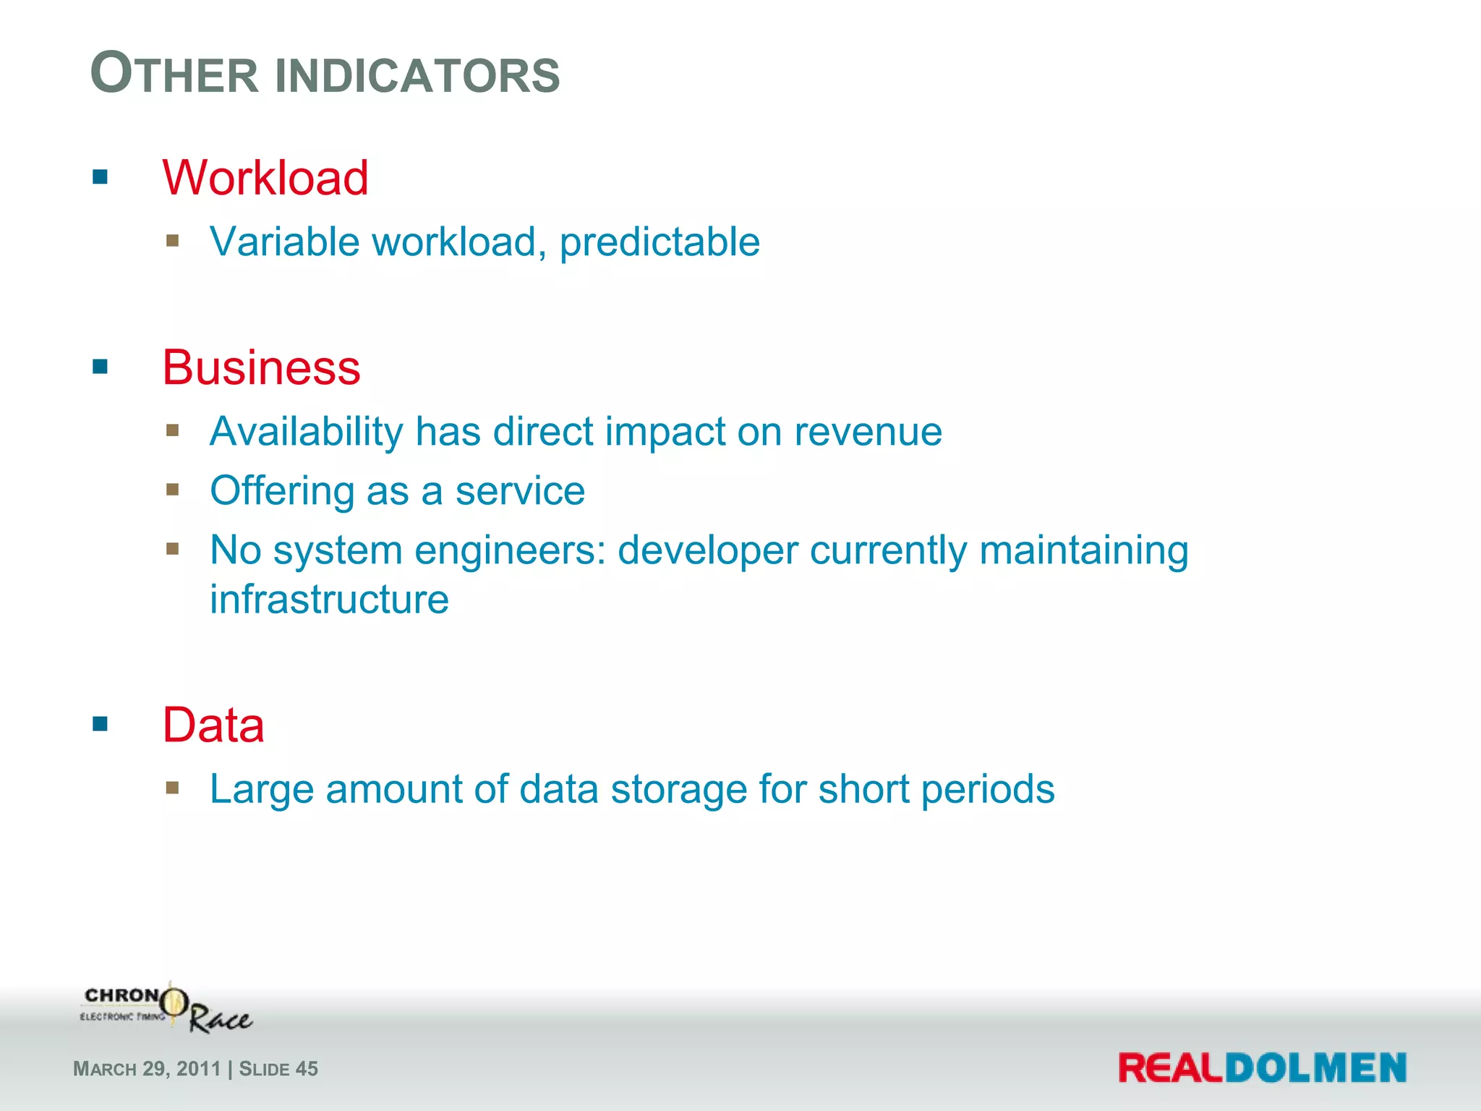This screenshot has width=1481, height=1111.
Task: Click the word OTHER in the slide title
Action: click(174, 75)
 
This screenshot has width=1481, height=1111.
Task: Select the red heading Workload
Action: click(265, 178)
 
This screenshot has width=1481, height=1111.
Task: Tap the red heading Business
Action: click(261, 367)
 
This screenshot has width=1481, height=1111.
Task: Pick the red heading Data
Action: click(213, 725)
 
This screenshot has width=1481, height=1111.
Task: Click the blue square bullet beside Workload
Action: click(101, 177)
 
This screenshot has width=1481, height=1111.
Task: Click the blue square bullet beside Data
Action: click(101, 724)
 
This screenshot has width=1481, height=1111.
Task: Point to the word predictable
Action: click(660, 242)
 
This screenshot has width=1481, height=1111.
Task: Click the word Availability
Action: click(306, 432)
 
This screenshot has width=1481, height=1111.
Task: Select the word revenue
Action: click(868, 433)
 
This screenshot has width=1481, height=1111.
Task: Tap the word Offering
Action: click(282, 491)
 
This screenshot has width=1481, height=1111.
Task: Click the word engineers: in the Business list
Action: click(510, 551)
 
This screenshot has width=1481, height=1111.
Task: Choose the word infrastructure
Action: click(329, 600)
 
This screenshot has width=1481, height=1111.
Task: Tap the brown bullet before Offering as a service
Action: click(172, 490)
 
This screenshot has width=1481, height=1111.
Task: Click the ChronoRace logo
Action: click(166, 1008)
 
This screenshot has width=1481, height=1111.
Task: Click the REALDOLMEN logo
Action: click(1262, 1068)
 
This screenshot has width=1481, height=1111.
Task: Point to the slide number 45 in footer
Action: click(307, 1069)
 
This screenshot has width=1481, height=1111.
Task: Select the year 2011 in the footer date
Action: click(198, 1069)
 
